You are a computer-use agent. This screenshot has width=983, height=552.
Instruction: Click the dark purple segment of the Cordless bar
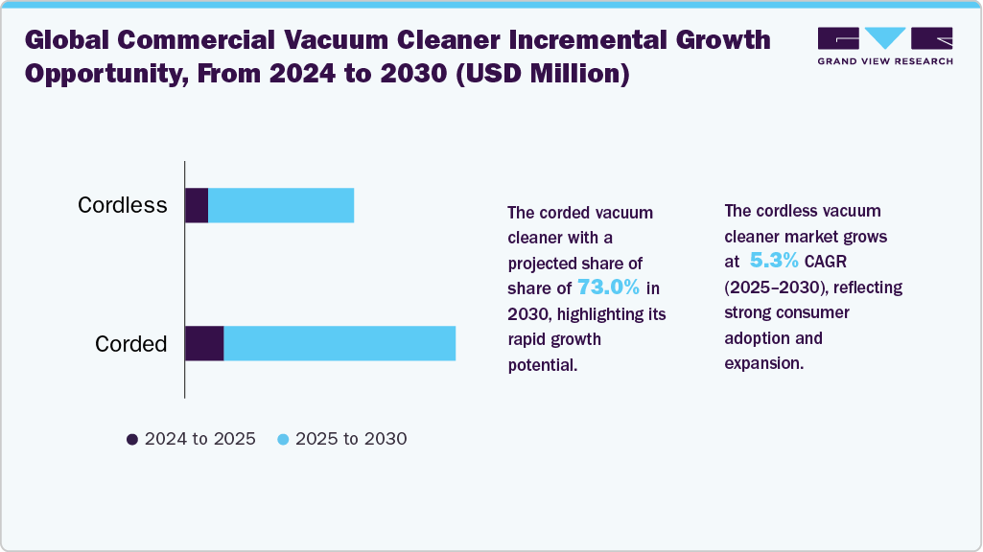pyautogui.click(x=197, y=205)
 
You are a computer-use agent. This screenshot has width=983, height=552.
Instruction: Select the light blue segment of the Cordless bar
pyautogui.click(x=281, y=205)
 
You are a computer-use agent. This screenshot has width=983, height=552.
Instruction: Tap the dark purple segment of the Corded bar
pyautogui.click(x=204, y=343)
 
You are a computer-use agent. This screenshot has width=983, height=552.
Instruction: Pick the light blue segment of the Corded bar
pyautogui.click(x=339, y=343)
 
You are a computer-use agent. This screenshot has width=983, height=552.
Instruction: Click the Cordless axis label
pyautogui.click(x=122, y=205)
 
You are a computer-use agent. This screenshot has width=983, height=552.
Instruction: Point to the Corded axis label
pyautogui.click(x=131, y=344)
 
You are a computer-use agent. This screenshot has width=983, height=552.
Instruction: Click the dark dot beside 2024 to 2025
pyautogui.click(x=132, y=439)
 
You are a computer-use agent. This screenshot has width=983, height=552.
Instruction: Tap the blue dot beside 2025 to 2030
pyautogui.click(x=283, y=439)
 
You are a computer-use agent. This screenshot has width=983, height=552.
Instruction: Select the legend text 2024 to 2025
pyautogui.click(x=200, y=439)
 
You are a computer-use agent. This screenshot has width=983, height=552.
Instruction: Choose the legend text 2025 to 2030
pyautogui.click(x=351, y=439)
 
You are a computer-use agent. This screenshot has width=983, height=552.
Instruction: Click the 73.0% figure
pyautogui.click(x=608, y=287)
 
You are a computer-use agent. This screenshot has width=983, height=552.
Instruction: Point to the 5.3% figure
pyautogui.click(x=774, y=260)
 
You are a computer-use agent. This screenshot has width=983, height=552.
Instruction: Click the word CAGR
pyautogui.click(x=826, y=262)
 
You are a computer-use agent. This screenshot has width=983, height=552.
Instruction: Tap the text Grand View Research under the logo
pyautogui.click(x=885, y=61)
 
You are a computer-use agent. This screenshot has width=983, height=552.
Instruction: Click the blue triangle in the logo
pyautogui.click(x=885, y=37)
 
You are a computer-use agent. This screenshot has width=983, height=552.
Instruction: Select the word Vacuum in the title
pyautogui.click(x=336, y=40)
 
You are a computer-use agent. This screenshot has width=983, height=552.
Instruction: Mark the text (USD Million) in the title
pyautogui.click(x=542, y=74)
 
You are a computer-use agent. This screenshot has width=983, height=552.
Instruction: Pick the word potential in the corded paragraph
pyautogui.click(x=542, y=365)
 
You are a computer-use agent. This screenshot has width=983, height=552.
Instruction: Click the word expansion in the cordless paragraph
pyautogui.click(x=764, y=363)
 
